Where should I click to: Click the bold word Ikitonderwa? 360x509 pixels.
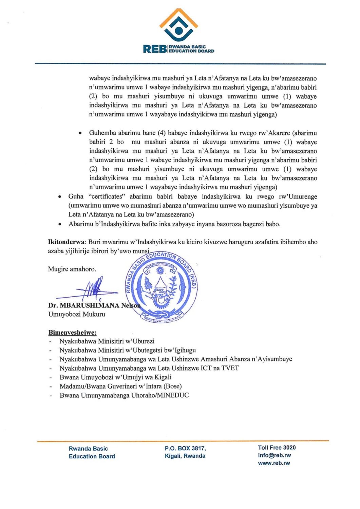click(67, 242)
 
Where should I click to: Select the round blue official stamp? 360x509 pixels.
click(162, 287)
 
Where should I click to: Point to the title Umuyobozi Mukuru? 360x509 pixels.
click(77, 314)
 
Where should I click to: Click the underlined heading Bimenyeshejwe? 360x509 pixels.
click(72, 333)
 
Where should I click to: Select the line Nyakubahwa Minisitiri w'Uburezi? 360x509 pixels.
click(107, 341)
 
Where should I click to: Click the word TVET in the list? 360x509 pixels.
click(230, 368)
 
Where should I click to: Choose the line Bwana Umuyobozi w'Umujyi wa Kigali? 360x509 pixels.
click(115, 377)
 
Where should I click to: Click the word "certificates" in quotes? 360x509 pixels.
click(107, 196)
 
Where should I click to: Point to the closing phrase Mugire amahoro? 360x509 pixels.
click(72, 269)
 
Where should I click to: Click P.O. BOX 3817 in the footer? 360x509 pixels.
click(185, 448)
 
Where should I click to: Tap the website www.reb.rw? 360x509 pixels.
click(274, 463)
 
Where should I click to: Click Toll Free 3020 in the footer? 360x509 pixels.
click(277, 448)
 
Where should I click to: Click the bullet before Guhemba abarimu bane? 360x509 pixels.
click(80, 133)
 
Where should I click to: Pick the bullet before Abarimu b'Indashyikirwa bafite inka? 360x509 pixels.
click(60, 224)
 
